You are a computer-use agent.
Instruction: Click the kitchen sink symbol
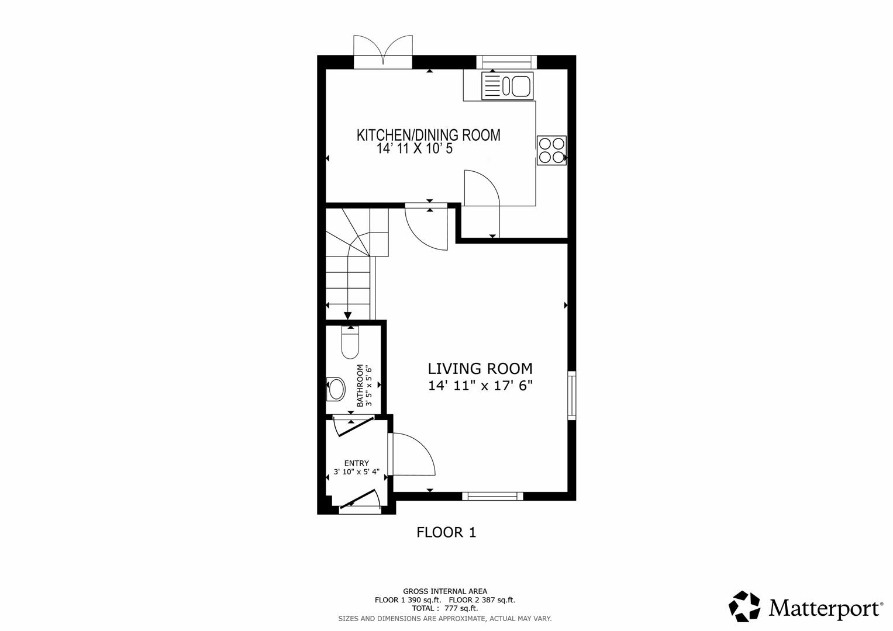point(506,86)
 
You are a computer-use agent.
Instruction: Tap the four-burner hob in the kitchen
point(551,150)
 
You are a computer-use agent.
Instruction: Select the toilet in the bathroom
point(350,343)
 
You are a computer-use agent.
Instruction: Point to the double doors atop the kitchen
point(383,51)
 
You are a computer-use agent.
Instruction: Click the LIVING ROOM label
point(480,369)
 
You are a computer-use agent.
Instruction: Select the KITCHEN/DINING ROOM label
point(429,135)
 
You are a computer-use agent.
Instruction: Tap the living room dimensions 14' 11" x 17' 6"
point(480,386)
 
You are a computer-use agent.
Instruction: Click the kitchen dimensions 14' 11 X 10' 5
point(415,149)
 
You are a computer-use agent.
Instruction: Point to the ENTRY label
point(356,463)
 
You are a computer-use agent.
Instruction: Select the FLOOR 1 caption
point(446,532)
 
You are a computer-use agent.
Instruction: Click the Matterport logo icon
point(744,606)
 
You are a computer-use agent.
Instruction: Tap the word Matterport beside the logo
point(825,608)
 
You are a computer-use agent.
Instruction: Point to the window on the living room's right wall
point(572,395)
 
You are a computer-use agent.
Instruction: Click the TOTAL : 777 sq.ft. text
point(444,608)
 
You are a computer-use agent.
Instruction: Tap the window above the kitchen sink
point(506,62)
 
